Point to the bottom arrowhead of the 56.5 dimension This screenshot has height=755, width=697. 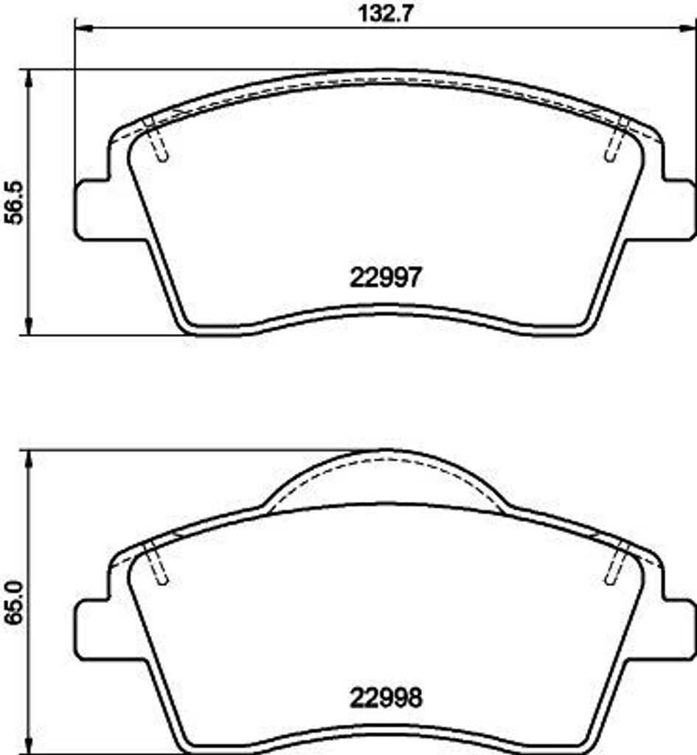tap(30, 325)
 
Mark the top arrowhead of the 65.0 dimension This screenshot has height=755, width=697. tap(30, 459)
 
